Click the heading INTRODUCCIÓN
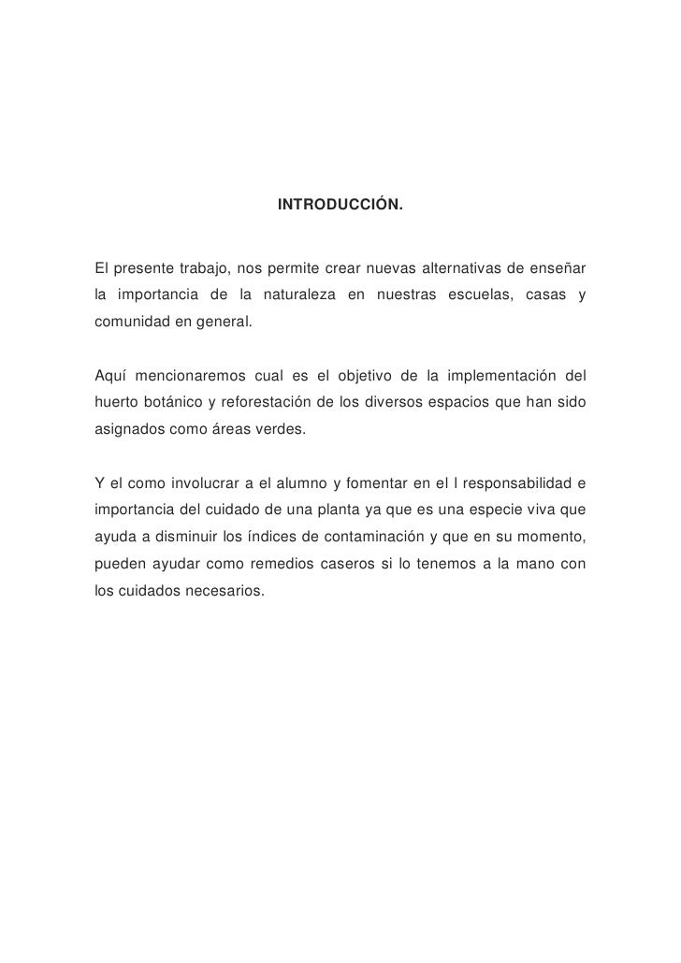click(340, 204)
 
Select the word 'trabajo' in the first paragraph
click(206, 270)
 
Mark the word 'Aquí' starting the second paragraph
click(110, 377)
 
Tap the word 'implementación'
click(510, 377)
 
